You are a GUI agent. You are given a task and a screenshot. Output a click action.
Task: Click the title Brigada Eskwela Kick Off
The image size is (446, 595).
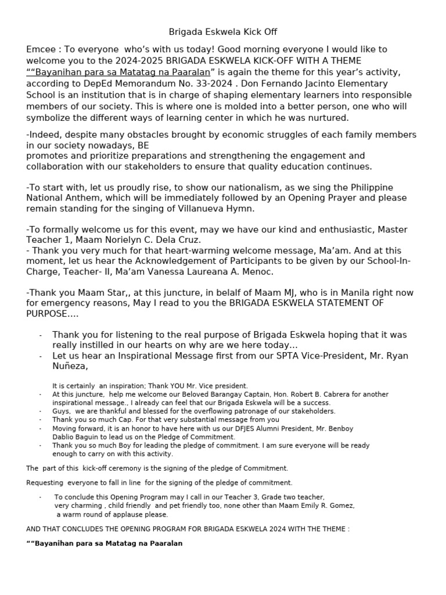coord(223,32)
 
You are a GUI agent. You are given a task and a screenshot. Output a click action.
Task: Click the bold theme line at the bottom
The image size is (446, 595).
coord(105,543)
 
